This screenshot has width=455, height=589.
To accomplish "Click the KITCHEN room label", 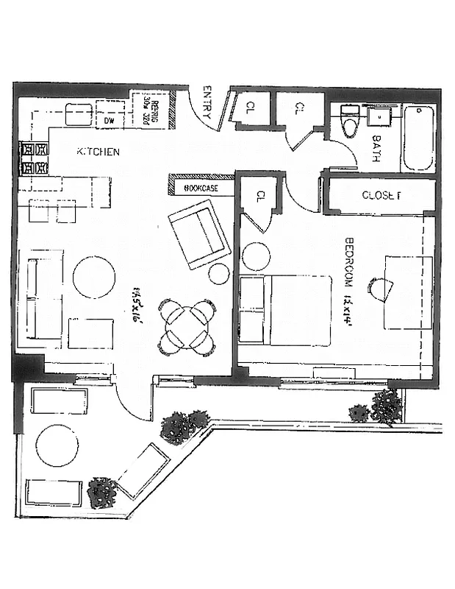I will pos(98,152).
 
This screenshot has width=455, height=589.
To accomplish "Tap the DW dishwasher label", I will pos(110,120).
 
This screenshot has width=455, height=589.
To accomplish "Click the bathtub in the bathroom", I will pos(420,138).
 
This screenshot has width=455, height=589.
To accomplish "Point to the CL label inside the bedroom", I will pos(260,197).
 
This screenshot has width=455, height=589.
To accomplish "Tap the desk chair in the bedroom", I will pos(378,289).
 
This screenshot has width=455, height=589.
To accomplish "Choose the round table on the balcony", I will pos(57,445).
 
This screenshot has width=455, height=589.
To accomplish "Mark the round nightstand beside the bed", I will pos(257,257).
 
